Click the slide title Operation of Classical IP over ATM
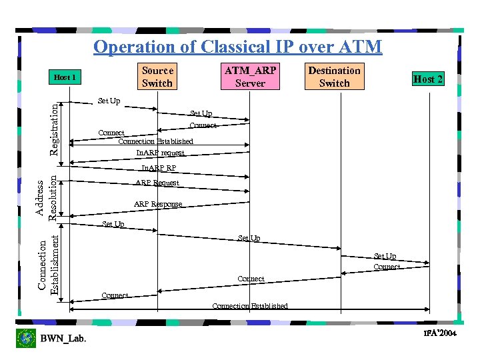tap(238, 47)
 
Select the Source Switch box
tap(157, 77)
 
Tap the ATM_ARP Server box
tap(250, 77)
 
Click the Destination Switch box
tap(334, 77)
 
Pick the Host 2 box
tap(428, 79)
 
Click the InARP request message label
tap(160, 153)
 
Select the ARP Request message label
tap(157, 183)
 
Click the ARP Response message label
tap(158, 204)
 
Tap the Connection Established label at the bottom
tap(250, 306)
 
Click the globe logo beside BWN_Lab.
tap(26, 339)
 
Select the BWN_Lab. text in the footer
tap(63, 339)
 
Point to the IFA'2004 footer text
tap(441, 333)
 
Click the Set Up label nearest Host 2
tap(385, 256)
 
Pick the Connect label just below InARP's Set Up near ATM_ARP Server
tap(203, 125)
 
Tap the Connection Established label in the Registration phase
tap(155, 141)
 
